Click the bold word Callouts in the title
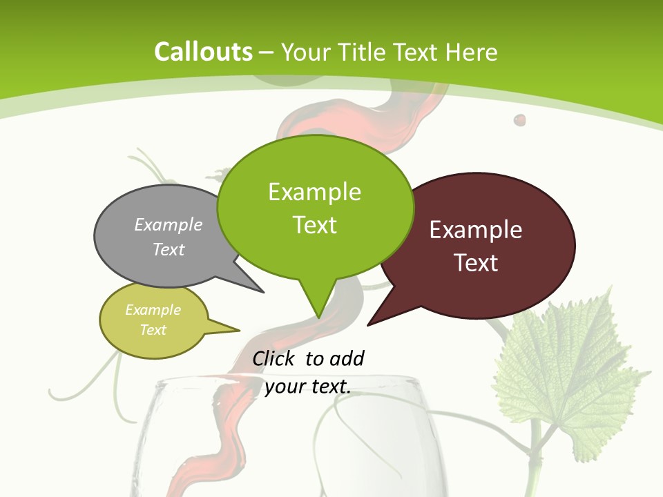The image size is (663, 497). point(203,52)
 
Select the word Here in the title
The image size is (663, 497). point(472,52)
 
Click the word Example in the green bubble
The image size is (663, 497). point(314,192)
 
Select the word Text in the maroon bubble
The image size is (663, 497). point(477,263)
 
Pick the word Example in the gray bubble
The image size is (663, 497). point(169,224)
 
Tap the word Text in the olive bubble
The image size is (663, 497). point(153,330)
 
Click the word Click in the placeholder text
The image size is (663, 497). point(275,358)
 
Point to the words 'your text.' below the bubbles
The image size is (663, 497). point(308,387)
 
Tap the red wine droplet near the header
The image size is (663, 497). point(519,120)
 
